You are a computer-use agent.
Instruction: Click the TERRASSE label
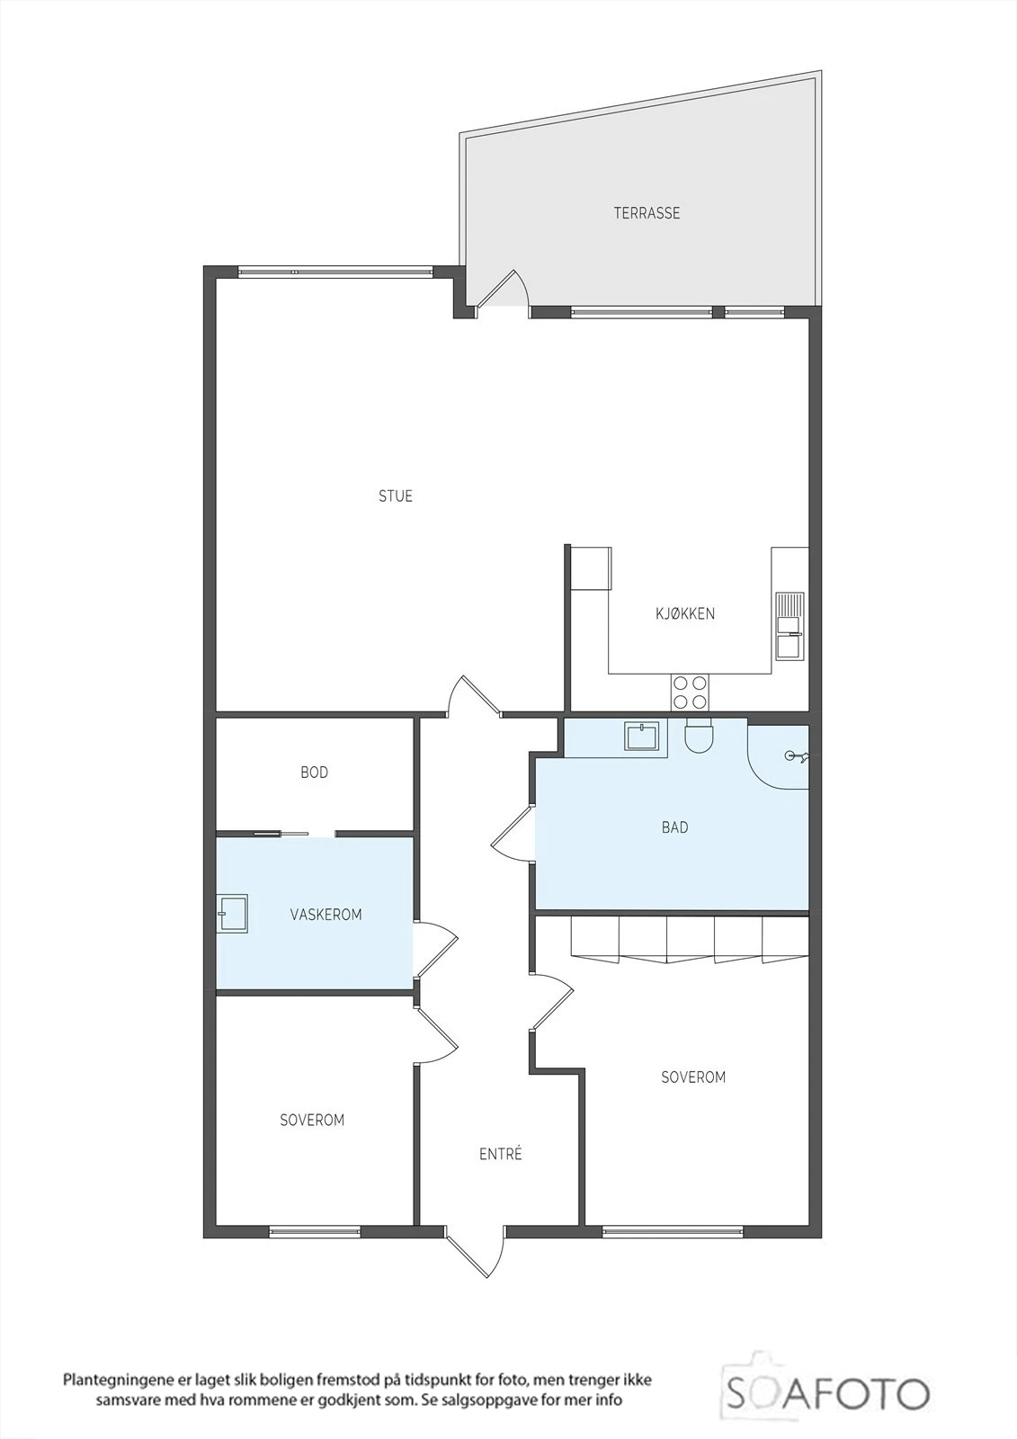tap(647, 213)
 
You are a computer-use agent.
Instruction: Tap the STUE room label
tap(396, 496)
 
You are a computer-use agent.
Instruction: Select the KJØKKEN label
tap(685, 613)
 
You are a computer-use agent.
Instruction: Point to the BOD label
tap(314, 773)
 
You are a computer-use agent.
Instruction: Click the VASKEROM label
tap(326, 914)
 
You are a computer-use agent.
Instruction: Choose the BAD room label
tap(674, 827)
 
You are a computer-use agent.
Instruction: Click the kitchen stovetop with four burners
tap(690, 692)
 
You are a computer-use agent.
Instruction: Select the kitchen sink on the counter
tap(790, 625)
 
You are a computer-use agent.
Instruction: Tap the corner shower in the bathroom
tap(778, 756)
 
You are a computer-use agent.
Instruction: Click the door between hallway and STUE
tap(474, 695)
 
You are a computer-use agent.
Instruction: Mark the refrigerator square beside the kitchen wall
tap(591, 568)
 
